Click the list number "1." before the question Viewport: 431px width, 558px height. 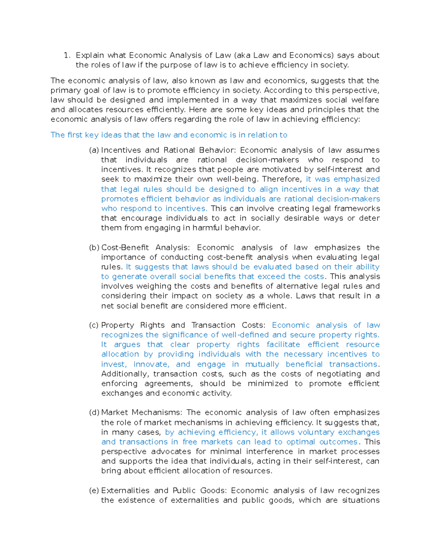[x=66, y=55]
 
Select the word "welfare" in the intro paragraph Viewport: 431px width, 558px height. [x=365, y=100]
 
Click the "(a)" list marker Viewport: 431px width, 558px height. [x=94, y=150]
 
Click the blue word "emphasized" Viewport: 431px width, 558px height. [x=356, y=179]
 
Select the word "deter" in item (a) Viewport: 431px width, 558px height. [x=370, y=218]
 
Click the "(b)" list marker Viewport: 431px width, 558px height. [x=94, y=248]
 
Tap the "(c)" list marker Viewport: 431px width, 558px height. [x=94, y=325]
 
